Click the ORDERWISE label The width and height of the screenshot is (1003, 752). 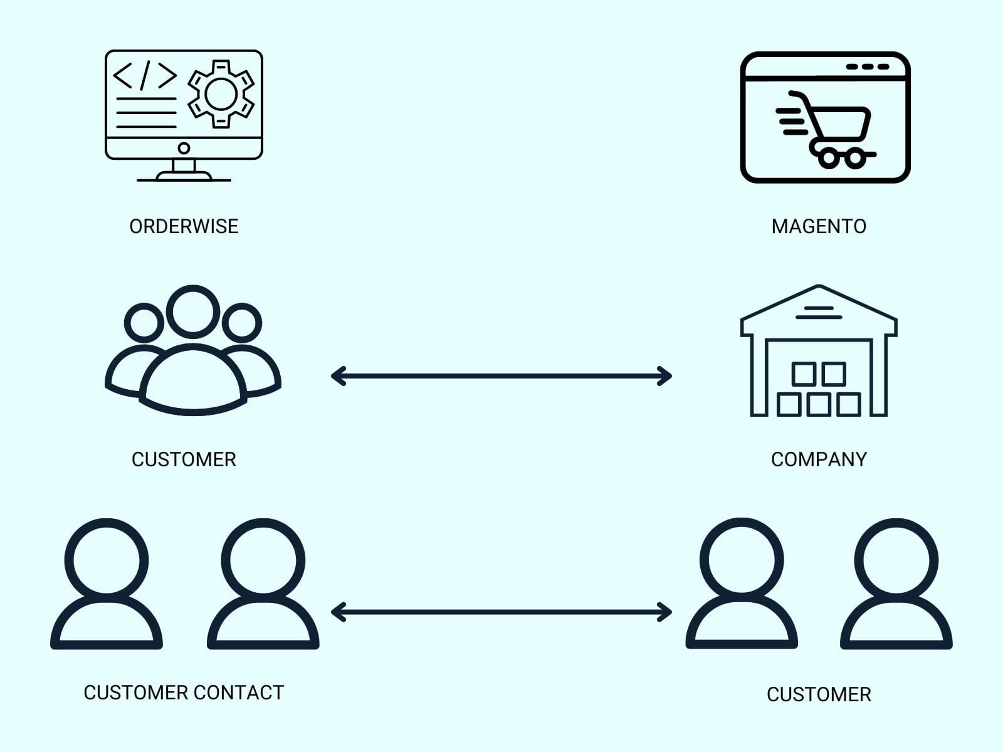[x=184, y=226]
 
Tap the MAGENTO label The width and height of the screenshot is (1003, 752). [x=819, y=226]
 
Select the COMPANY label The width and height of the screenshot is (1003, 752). [x=819, y=459]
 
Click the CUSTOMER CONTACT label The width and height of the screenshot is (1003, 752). [x=184, y=692]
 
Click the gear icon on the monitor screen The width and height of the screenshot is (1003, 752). [x=221, y=94]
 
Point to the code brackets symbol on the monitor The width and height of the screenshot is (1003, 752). [x=145, y=75]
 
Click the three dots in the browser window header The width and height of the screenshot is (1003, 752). [x=868, y=66]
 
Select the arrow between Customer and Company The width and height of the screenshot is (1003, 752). [x=501, y=376]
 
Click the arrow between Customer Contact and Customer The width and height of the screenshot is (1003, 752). [x=501, y=612]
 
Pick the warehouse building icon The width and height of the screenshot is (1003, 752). [x=819, y=351]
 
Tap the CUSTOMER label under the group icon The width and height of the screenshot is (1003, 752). [x=184, y=459]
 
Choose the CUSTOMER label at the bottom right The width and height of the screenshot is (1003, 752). [x=819, y=694]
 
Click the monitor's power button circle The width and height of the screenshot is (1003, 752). [x=184, y=149]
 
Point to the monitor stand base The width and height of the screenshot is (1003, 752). [x=184, y=177]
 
